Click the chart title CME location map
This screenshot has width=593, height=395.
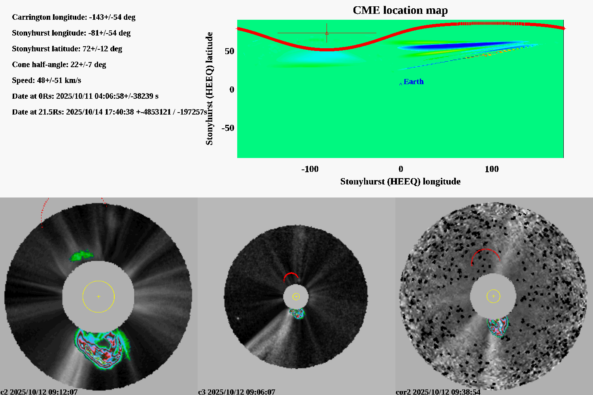[x=400, y=10]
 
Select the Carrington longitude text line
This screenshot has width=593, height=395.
[x=74, y=17]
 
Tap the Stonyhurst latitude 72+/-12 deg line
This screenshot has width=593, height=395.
[x=67, y=49]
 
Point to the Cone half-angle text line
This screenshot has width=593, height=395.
[x=59, y=65]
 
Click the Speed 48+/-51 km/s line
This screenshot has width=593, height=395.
[x=46, y=81]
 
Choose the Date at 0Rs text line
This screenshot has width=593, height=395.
[x=85, y=96]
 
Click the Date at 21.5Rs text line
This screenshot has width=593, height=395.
[x=109, y=112]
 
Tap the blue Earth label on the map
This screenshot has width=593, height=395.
[x=414, y=82]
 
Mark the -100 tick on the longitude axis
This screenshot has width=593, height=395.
[x=310, y=169]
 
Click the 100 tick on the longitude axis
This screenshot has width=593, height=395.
[x=491, y=169]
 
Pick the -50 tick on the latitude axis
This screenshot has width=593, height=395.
[x=228, y=128]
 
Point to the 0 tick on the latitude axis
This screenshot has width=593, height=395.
[x=232, y=90]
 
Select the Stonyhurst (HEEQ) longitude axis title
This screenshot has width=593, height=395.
[x=400, y=181]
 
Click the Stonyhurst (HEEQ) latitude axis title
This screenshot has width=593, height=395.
[x=209, y=88]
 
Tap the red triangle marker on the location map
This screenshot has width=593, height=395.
[x=327, y=34]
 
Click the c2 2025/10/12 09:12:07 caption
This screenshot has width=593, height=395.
[x=39, y=392]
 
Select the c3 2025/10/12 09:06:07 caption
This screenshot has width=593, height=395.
[x=236, y=392]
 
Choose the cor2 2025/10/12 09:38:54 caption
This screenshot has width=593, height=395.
[x=438, y=392]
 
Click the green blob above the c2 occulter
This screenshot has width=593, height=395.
[x=81, y=255]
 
